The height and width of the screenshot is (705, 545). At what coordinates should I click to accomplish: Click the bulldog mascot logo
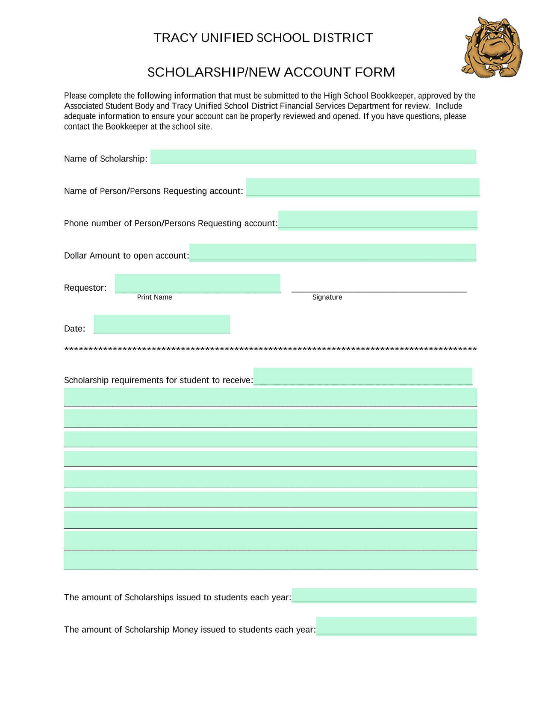(492, 47)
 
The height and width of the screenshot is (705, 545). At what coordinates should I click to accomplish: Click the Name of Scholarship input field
(313, 156)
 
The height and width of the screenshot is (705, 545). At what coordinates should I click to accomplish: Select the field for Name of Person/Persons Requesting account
(362, 187)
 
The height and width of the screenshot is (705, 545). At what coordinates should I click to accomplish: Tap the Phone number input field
(377, 220)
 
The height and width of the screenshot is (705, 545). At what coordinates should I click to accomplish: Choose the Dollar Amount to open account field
(333, 252)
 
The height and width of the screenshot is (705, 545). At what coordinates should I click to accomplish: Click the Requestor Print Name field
(197, 283)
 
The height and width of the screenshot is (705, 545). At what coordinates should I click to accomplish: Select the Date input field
(162, 324)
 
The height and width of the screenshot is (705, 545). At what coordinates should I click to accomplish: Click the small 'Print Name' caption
(154, 297)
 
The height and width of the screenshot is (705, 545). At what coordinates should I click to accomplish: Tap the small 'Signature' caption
(327, 297)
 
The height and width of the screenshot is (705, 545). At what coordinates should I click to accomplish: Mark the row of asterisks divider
(270, 350)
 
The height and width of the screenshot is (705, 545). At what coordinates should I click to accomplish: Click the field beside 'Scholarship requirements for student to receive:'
(362, 376)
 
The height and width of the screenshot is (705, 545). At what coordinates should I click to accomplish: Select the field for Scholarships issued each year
(384, 596)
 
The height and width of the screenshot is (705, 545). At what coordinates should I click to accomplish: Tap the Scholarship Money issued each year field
(396, 626)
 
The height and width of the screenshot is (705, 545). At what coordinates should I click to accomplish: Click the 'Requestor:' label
(85, 288)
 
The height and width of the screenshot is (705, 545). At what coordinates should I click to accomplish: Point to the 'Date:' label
(74, 329)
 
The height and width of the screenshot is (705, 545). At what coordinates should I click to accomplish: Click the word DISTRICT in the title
(343, 38)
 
